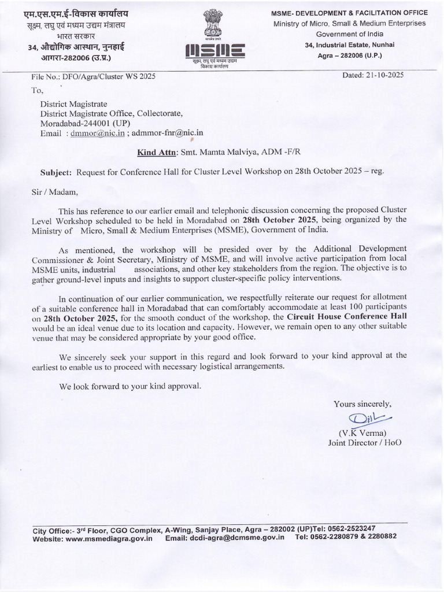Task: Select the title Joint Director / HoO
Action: (364, 443)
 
